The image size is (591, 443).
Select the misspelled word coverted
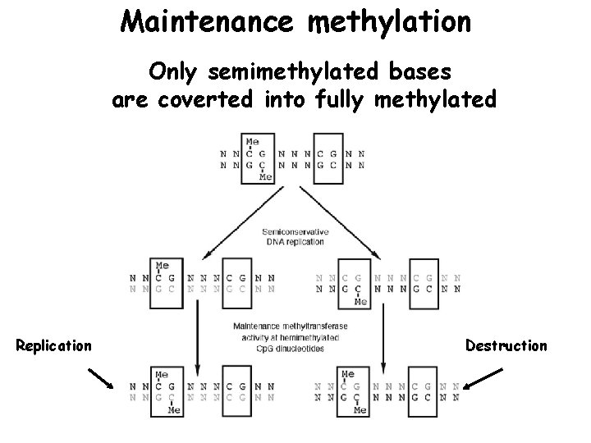218,100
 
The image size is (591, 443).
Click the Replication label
54,345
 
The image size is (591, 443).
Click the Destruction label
506,345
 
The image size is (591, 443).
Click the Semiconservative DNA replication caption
294,236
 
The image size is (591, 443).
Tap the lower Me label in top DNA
264,176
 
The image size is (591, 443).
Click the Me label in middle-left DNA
163,265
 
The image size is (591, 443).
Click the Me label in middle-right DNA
360,301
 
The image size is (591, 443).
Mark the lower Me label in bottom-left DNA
174,409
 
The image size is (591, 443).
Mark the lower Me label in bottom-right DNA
360,409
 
